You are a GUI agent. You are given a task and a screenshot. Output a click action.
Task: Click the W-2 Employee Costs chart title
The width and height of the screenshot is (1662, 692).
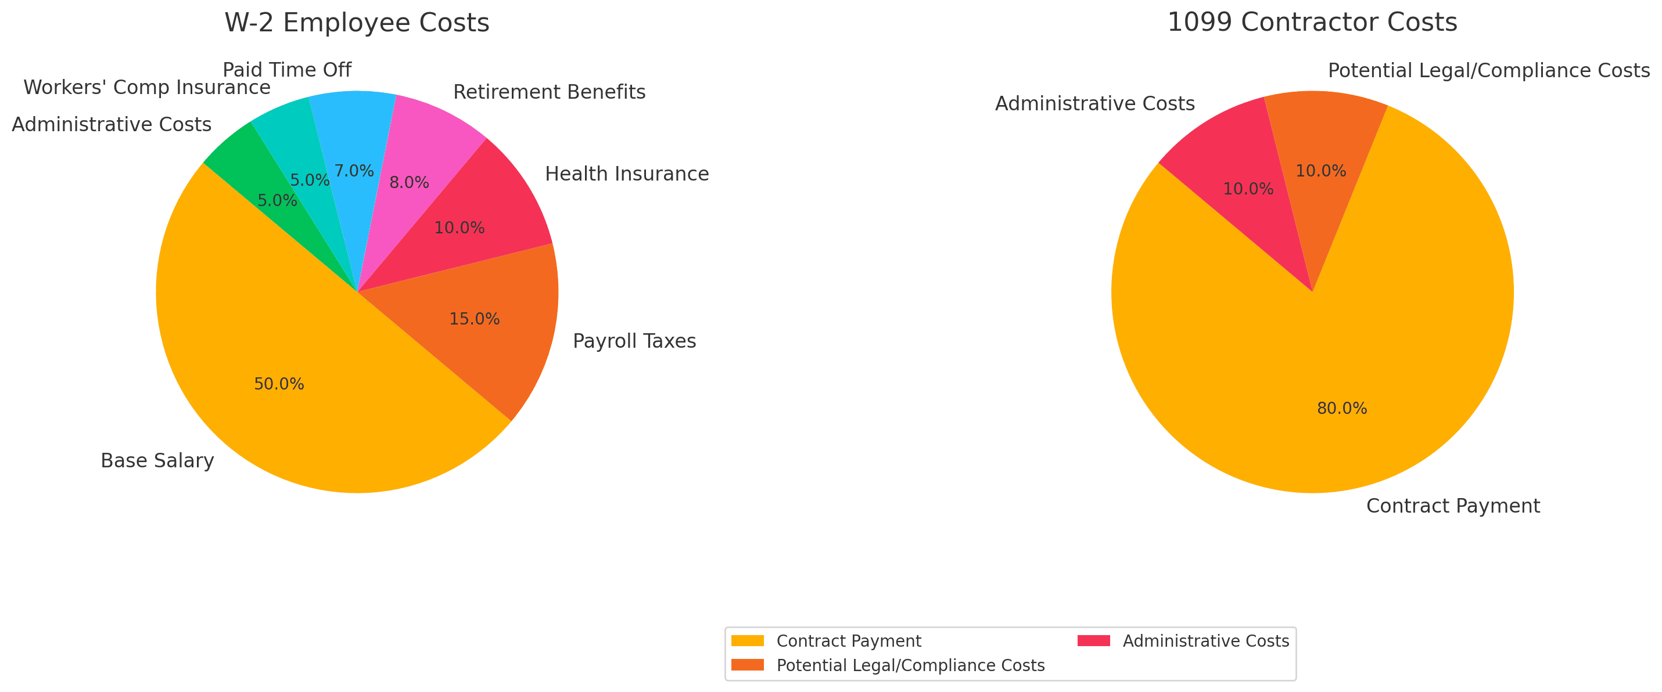click(x=357, y=23)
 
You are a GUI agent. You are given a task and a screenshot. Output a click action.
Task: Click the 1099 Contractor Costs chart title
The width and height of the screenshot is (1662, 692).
click(x=1312, y=23)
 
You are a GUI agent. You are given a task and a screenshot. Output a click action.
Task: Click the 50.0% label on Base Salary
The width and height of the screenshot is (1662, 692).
click(x=279, y=384)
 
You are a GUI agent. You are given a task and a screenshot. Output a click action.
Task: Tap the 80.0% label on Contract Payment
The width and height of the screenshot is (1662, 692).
click(x=1342, y=409)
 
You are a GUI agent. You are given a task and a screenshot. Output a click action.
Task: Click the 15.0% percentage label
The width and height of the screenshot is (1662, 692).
click(x=474, y=319)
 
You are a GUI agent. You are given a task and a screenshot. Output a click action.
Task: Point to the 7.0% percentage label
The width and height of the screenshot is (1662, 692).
click(x=354, y=171)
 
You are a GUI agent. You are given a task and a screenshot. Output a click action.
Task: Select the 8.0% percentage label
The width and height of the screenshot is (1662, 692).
click(x=409, y=183)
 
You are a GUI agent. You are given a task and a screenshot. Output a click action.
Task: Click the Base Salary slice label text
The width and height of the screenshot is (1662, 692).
click(x=157, y=461)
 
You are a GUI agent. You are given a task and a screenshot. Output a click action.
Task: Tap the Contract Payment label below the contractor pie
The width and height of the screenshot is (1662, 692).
click(x=1453, y=506)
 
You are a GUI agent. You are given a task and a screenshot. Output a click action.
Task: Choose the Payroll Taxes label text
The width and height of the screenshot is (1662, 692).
click(x=634, y=341)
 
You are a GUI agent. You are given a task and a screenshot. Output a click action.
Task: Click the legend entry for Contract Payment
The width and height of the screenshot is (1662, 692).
click(x=848, y=641)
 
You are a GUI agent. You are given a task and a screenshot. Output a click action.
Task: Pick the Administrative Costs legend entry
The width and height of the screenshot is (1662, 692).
click(x=1205, y=641)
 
